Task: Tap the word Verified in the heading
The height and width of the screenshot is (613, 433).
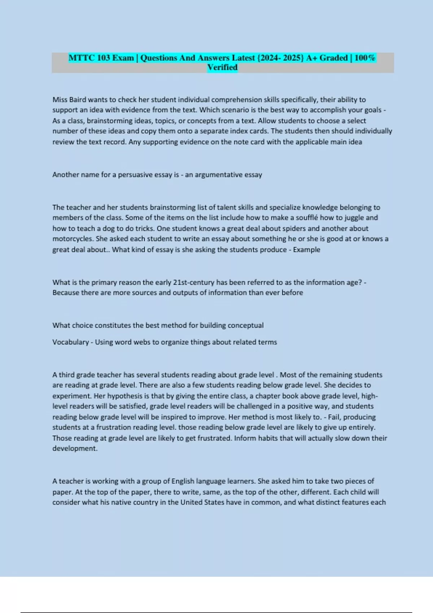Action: (x=222, y=67)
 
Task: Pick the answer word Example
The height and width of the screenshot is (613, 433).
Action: (x=306, y=250)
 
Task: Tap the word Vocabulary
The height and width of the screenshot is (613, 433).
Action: (x=70, y=342)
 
